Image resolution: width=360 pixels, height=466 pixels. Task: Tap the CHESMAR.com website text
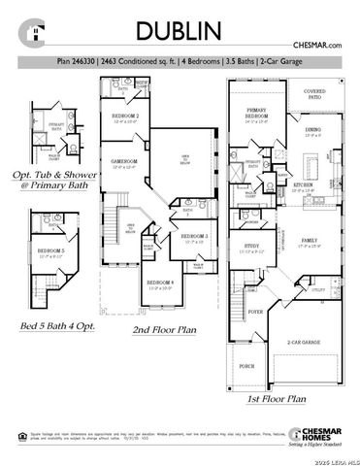(x=319, y=46)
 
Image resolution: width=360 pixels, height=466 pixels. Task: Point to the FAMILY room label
(x=311, y=239)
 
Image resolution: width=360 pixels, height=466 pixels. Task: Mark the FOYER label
(x=255, y=312)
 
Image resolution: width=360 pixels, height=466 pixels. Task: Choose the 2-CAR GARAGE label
(x=303, y=343)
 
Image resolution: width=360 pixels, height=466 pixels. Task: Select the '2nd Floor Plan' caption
(x=164, y=330)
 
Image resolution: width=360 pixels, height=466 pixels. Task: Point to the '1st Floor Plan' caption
(x=277, y=398)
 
